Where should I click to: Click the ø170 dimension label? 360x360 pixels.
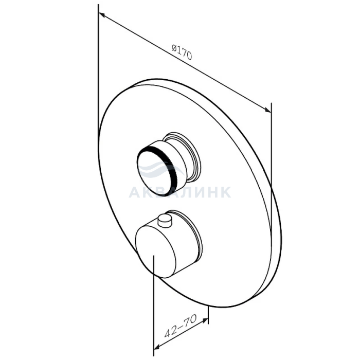tap(182, 52)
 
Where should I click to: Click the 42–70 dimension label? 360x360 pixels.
tap(181, 326)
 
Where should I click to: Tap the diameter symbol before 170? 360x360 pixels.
tap(174, 48)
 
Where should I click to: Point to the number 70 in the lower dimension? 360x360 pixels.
tap(191, 320)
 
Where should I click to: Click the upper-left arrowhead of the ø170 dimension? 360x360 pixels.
tap(101, 15)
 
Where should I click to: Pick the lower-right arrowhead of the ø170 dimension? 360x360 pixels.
tap(268, 110)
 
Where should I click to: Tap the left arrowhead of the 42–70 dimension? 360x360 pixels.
tap(156, 347)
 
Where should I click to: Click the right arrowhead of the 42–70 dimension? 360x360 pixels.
tap(205, 320)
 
